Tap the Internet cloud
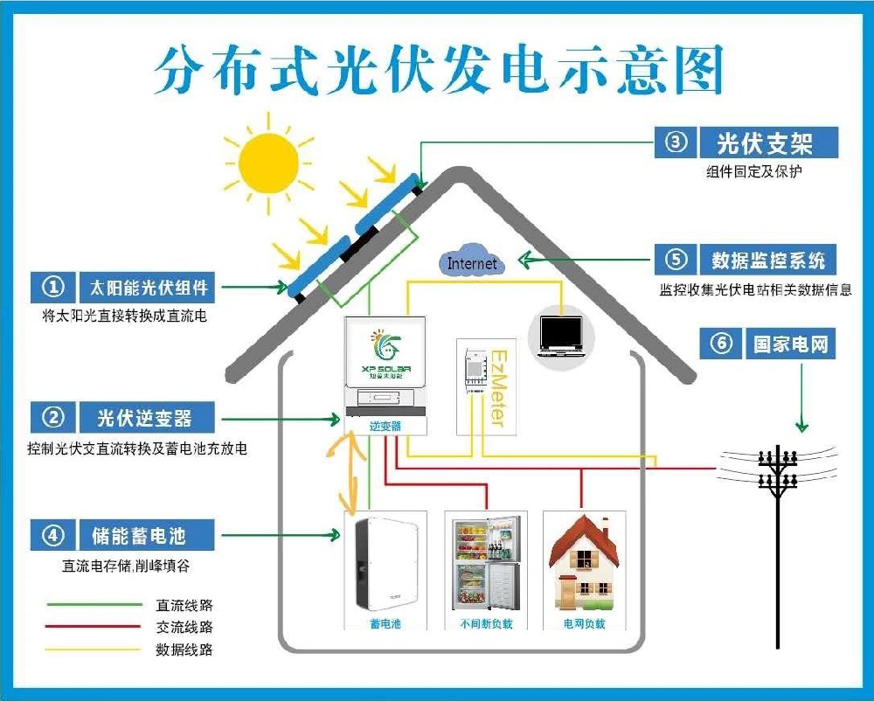pos(472,263)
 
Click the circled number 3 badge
pos(676,142)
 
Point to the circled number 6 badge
pos(722,344)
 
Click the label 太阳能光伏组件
pos(148,287)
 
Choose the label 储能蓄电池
pos(139,534)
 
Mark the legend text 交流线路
pos(184,627)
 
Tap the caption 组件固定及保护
pos(753,172)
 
